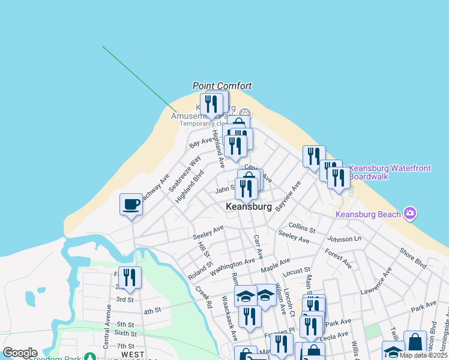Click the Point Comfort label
point(222,86)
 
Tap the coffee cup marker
point(131,205)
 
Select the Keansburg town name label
point(249,206)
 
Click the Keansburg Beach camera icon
point(410,212)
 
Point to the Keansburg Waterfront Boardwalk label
point(390,172)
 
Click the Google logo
point(20,353)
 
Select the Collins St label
point(302,227)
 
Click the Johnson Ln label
point(345,239)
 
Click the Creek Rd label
point(203,297)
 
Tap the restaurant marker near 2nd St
point(130,278)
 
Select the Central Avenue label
point(107,326)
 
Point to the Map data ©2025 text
point(423,355)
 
